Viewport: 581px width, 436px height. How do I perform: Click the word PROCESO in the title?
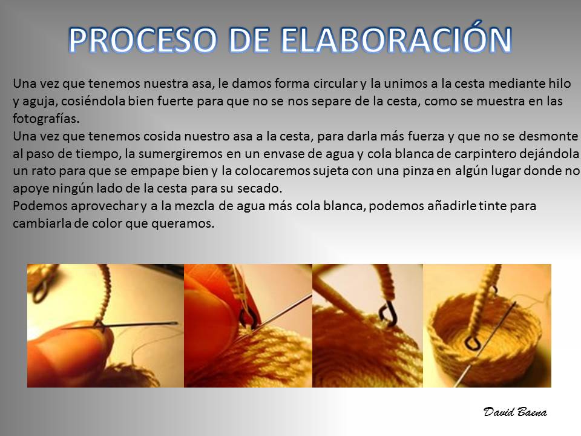pyautogui.click(x=143, y=40)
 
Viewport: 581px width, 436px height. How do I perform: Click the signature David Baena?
pyautogui.click(x=515, y=412)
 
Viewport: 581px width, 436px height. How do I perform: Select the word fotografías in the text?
pyautogui.click(x=46, y=119)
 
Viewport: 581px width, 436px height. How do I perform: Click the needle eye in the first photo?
pyautogui.click(x=172, y=323)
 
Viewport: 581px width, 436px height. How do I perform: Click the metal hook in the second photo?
pyautogui.click(x=247, y=317)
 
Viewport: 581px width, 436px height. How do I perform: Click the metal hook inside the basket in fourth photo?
pyautogui.click(x=471, y=344)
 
